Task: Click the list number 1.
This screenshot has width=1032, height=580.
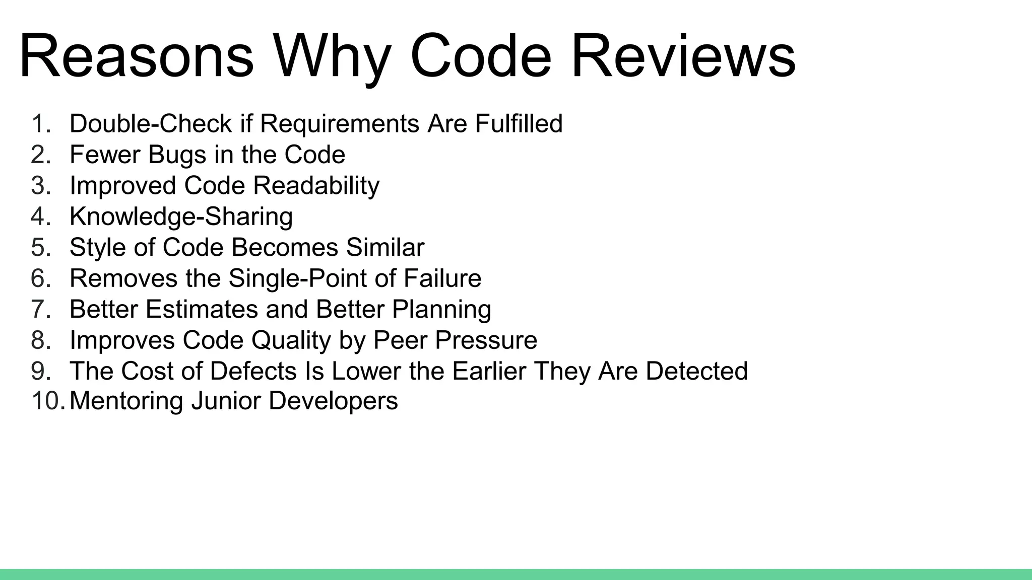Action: (x=40, y=124)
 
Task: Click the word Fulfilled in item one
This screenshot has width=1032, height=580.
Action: (x=519, y=124)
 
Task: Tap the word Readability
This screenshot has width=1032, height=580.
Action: (x=316, y=186)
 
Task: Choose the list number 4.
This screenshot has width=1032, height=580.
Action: (x=40, y=216)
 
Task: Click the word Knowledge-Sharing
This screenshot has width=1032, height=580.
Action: (x=181, y=216)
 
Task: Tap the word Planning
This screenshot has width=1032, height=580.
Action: (x=441, y=309)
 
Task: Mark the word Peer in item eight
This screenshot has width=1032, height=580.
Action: (x=400, y=340)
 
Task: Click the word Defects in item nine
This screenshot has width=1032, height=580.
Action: (x=253, y=371)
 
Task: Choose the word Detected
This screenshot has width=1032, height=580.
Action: (x=696, y=371)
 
